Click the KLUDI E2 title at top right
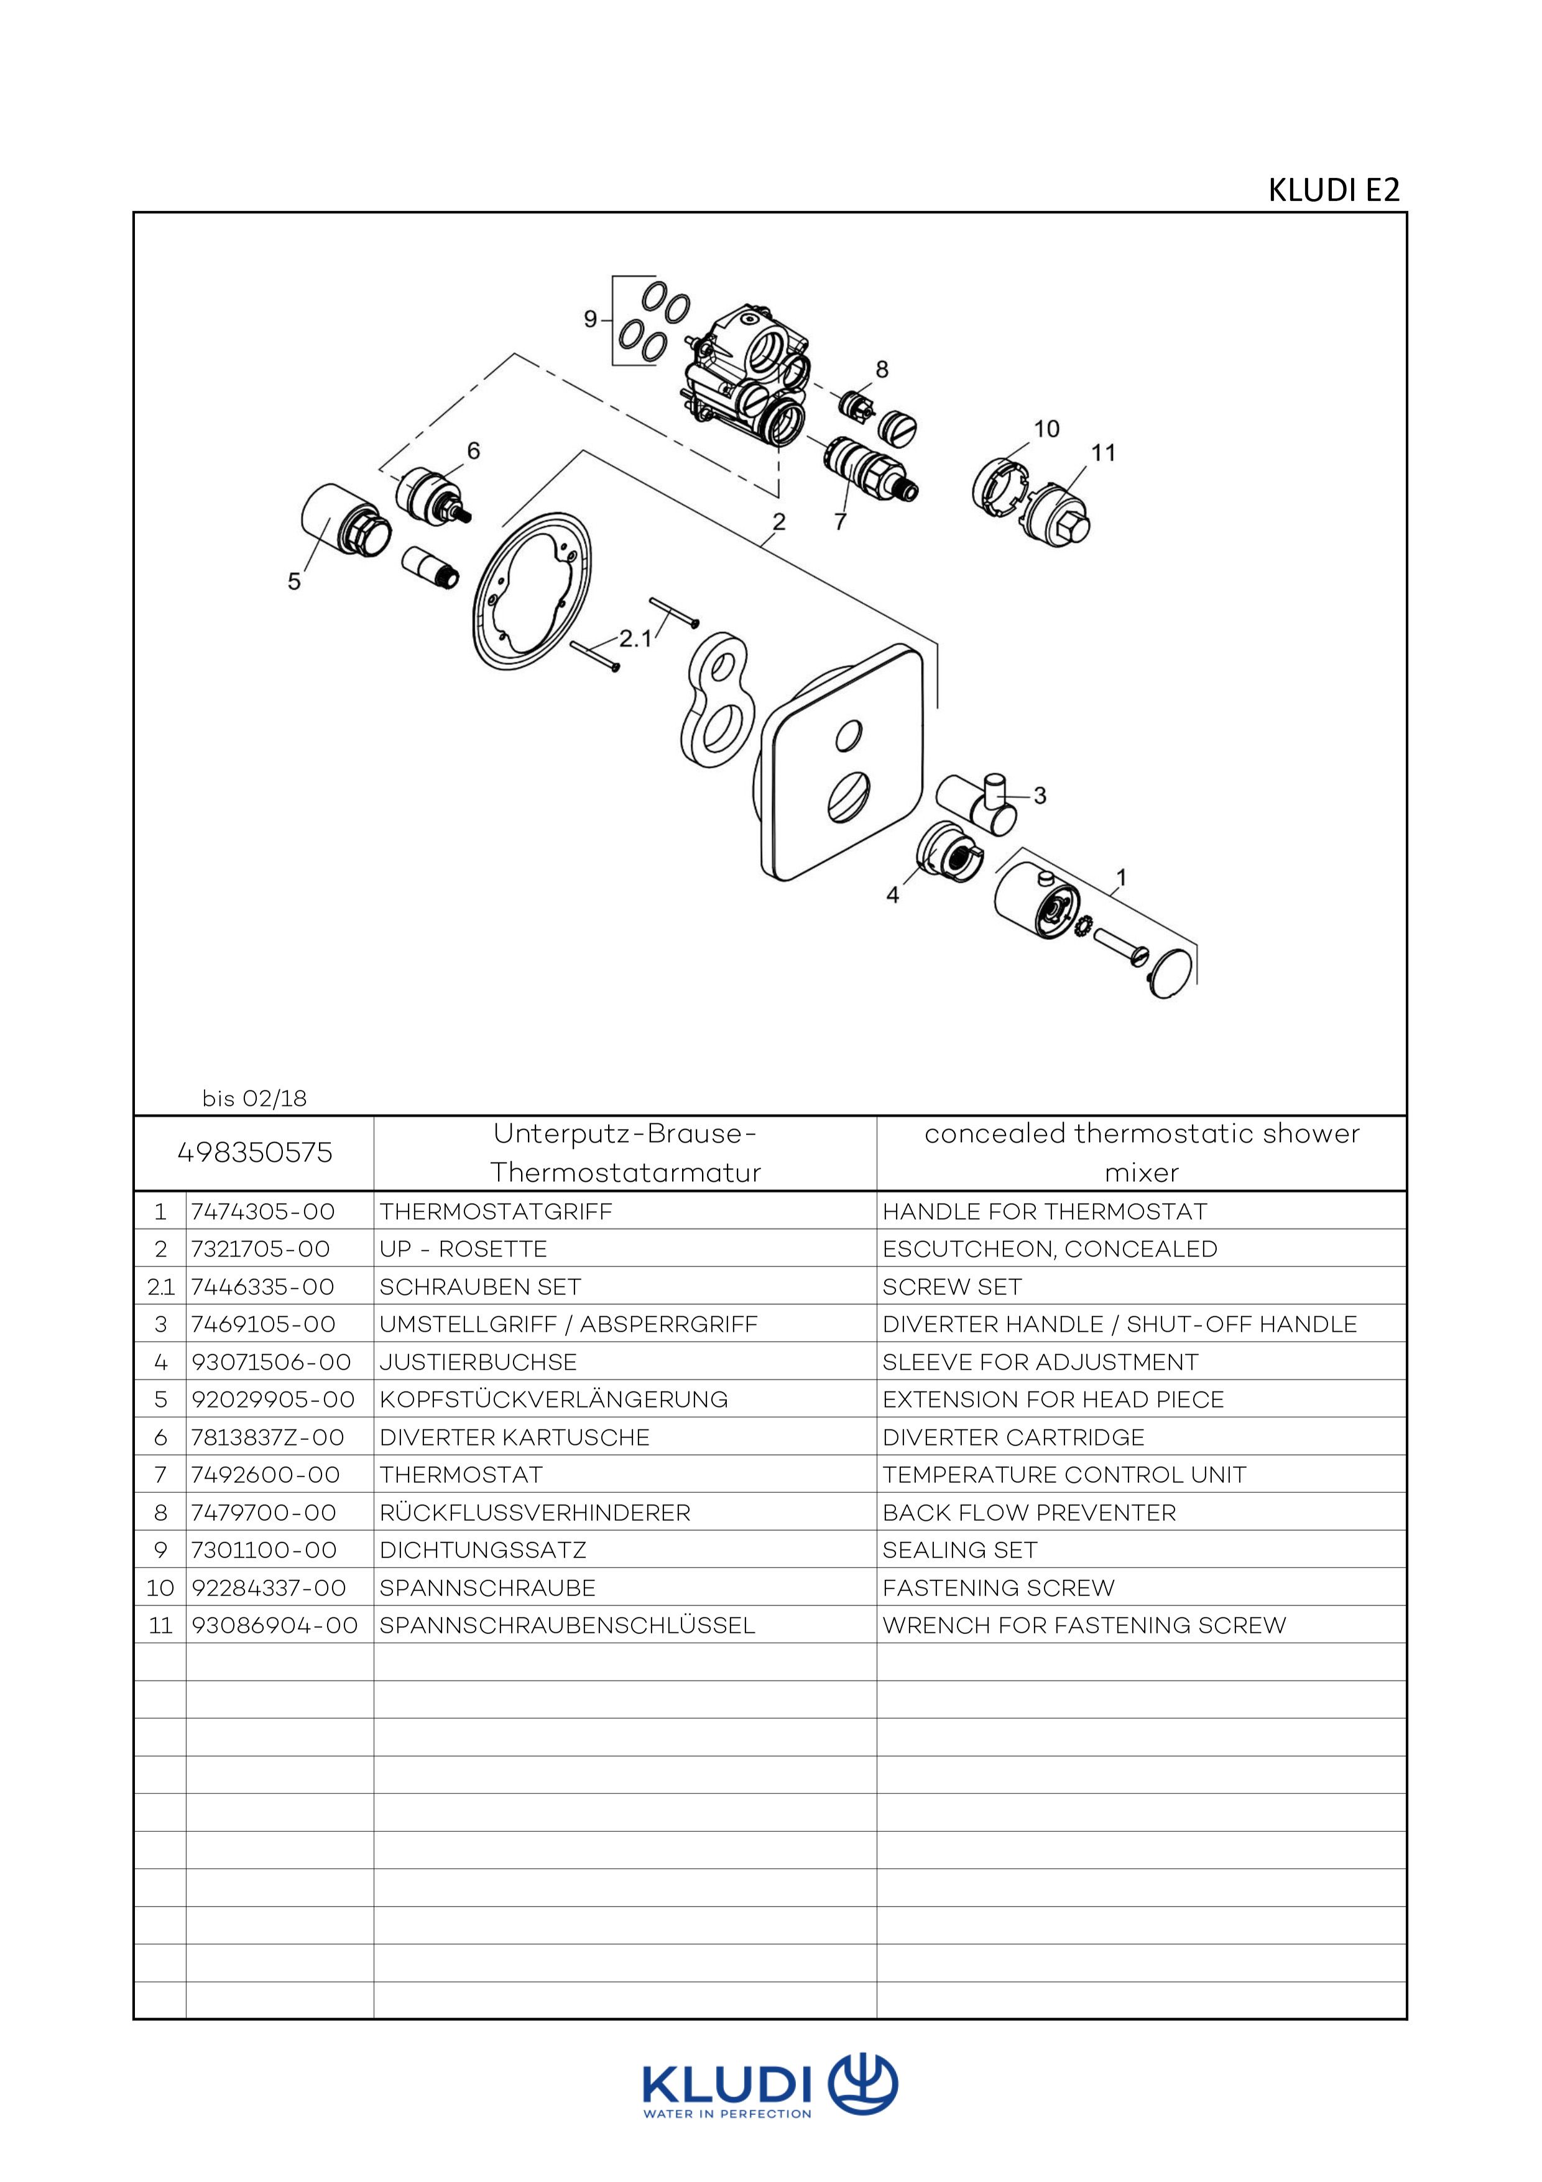(1333, 190)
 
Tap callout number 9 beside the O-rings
(590, 319)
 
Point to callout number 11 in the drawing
(1103, 453)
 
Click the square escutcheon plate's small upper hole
(849, 735)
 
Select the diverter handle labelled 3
(979, 801)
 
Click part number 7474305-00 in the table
(263, 1212)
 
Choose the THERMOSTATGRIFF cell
(496, 1212)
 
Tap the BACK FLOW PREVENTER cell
(1029, 1512)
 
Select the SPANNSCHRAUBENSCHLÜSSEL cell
(567, 1625)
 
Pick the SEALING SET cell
(959, 1550)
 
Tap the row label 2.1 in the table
(160, 1287)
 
